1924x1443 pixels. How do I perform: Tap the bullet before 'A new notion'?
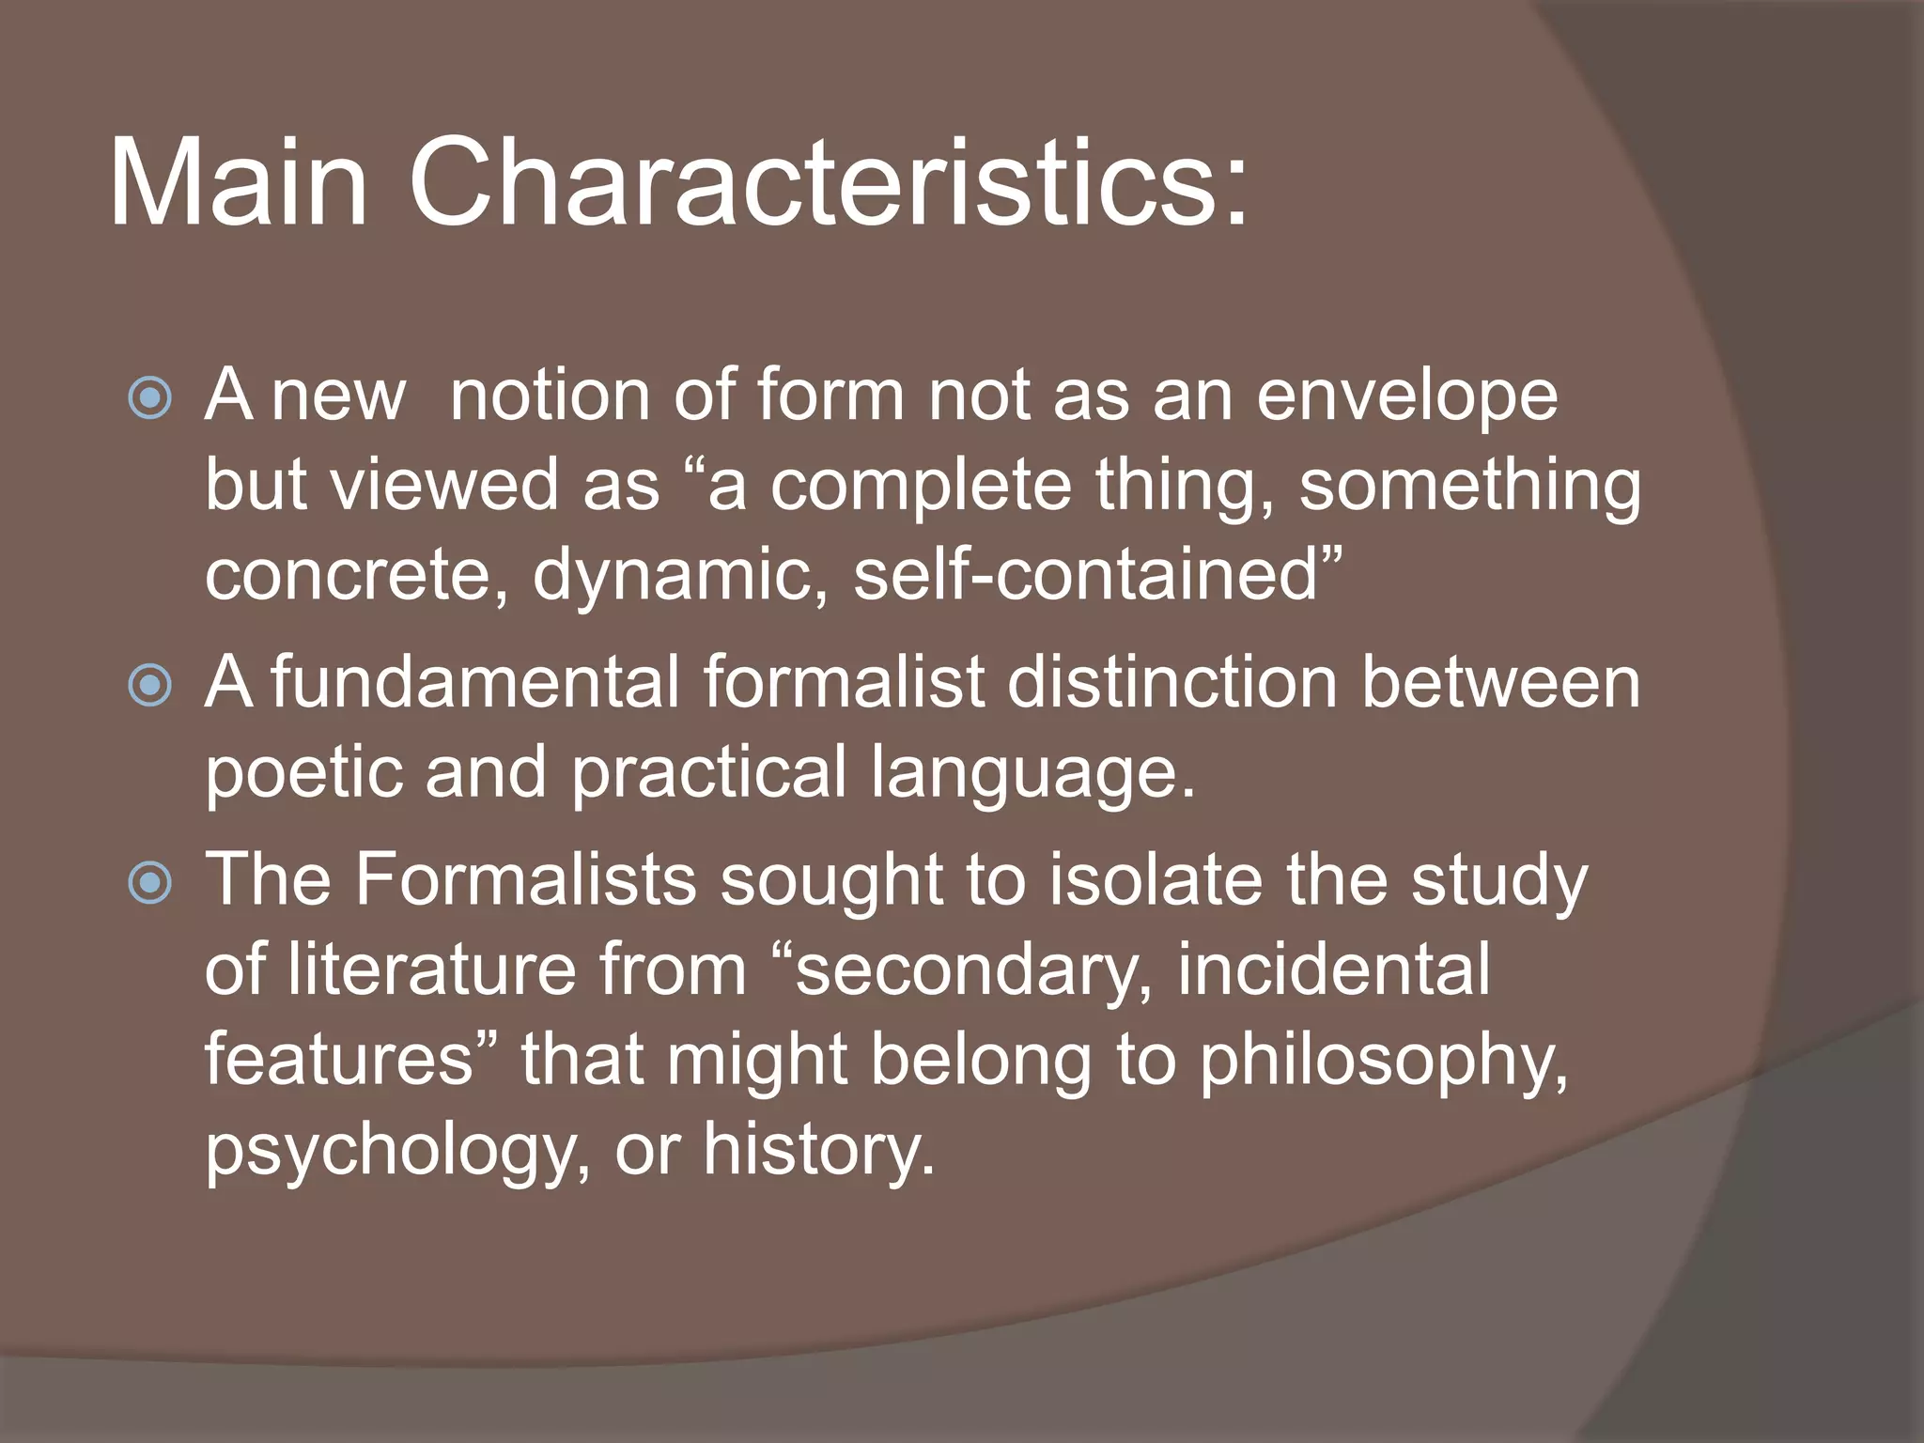click(x=150, y=398)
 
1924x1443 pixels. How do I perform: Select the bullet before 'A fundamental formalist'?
click(x=150, y=685)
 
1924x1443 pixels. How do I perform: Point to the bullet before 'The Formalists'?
click(x=150, y=883)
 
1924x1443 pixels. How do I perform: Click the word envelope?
click(x=1406, y=396)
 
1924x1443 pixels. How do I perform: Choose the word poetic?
click(x=303, y=772)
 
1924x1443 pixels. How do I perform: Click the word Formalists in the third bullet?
click(x=525, y=881)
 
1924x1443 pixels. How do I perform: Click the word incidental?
click(x=1333, y=970)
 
